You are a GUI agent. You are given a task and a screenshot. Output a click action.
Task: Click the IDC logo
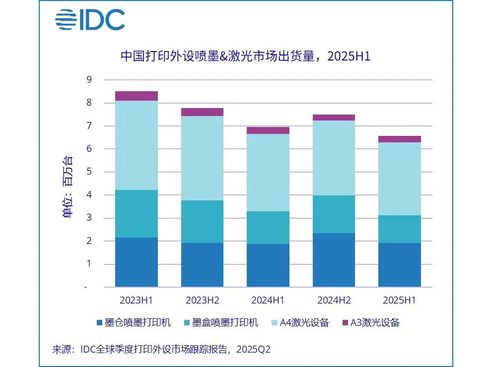point(90,20)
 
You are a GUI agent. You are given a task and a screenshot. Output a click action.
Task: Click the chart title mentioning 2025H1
point(246,56)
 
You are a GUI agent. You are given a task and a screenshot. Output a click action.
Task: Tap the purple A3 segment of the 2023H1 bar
point(137,96)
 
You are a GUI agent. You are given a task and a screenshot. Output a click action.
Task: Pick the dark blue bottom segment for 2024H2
point(334,260)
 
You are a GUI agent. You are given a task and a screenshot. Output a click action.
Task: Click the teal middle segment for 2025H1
point(399,229)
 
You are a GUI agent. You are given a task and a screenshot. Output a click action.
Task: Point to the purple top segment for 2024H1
point(268,130)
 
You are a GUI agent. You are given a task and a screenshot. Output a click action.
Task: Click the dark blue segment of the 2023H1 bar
point(137,262)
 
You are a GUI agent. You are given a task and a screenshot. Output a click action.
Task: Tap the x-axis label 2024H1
point(268,300)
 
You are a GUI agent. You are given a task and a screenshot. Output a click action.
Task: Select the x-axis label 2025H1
point(399,300)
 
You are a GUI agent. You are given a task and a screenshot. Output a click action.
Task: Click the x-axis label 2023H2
point(202,300)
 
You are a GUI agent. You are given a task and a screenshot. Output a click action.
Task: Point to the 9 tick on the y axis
point(89,80)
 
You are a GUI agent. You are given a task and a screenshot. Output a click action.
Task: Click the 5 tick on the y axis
point(89,172)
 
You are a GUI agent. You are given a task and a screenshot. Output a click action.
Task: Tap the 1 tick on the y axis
point(89,264)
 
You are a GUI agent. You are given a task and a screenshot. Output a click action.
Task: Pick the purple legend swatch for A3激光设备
point(346,323)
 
